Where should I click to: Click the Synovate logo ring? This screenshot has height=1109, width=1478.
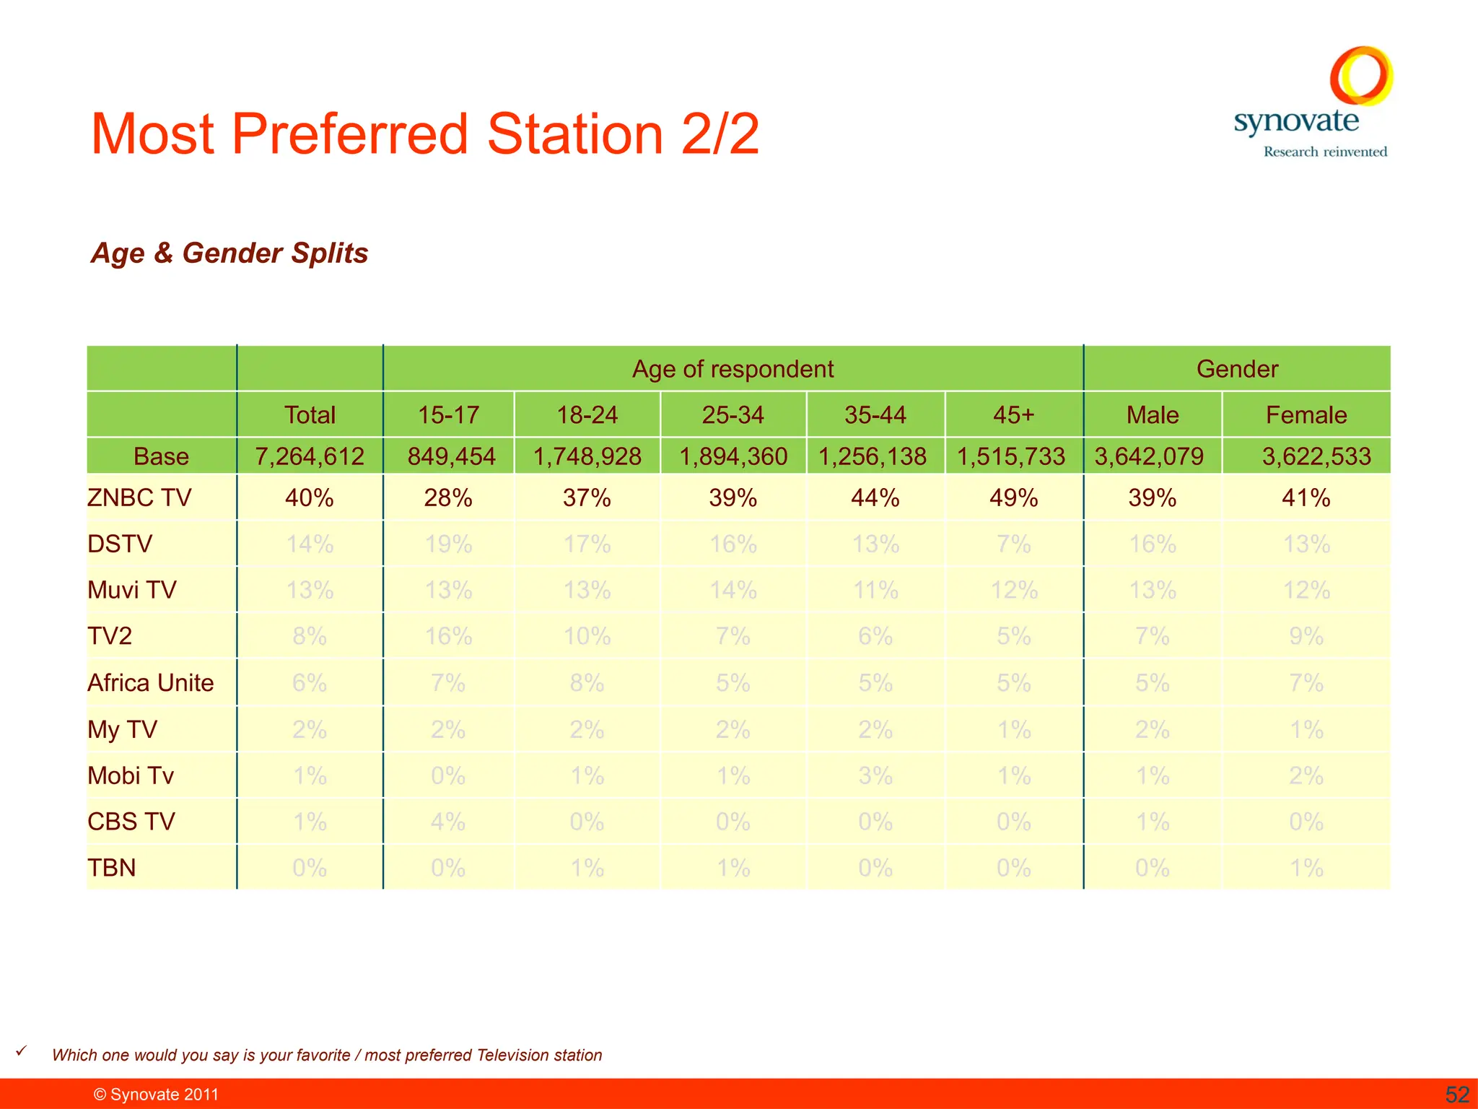pos(1360,75)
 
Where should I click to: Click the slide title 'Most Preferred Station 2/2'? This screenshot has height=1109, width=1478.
pos(425,134)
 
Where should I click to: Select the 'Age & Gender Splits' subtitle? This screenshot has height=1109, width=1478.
pos(229,253)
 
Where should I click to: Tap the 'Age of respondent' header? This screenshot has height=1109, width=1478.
pos(733,369)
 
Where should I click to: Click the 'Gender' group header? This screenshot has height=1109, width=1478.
pos(1237,369)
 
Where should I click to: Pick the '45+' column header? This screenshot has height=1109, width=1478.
pos(1013,415)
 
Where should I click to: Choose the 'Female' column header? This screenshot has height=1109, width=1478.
pos(1306,415)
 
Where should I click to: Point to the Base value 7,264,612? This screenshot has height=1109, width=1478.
pos(310,456)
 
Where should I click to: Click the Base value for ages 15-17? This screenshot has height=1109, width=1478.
pos(451,456)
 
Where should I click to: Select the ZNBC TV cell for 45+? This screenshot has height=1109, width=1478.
pos(1013,498)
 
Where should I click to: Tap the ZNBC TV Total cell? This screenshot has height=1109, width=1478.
pos(310,498)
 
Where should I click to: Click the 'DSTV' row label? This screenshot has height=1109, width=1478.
pos(120,544)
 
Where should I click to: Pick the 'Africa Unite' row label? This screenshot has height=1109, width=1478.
pos(151,683)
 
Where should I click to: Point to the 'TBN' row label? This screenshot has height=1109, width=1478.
pos(112,868)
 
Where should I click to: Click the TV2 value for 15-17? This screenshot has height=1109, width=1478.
pos(448,637)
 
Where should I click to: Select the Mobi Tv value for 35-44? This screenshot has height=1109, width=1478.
pos(875,776)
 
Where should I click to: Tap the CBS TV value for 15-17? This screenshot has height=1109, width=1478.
pos(448,822)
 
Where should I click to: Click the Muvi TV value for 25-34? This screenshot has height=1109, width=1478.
pos(733,591)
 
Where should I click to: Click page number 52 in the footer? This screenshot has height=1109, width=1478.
pos(1457,1095)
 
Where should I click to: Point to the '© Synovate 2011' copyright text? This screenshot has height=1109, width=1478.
pos(156,1095)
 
